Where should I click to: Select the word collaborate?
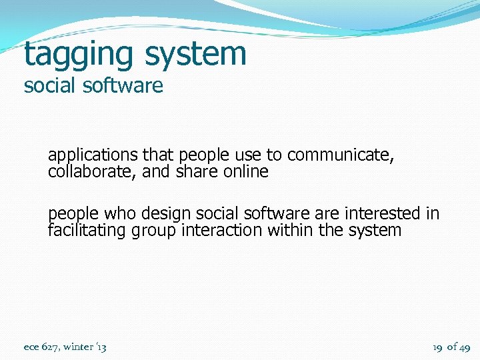click(84, 171)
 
